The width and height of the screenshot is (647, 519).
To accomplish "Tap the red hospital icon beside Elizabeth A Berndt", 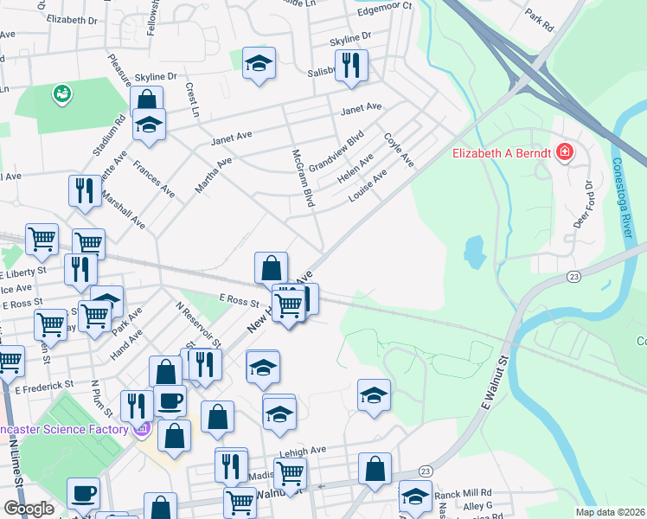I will point(565,152).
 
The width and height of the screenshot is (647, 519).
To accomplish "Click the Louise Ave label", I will point(368,184).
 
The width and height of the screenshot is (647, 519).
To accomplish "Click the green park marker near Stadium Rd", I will point(61,93).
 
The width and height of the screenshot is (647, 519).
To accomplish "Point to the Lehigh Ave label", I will point(302,451).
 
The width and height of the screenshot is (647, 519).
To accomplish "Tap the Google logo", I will point(29,509).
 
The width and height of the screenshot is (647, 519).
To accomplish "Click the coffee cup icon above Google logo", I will point(84,493).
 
